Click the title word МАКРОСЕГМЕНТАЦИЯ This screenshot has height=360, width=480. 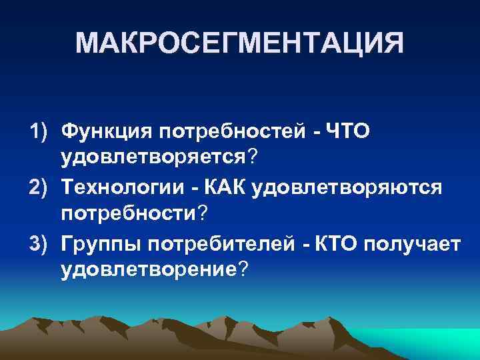(x=239, y=43)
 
